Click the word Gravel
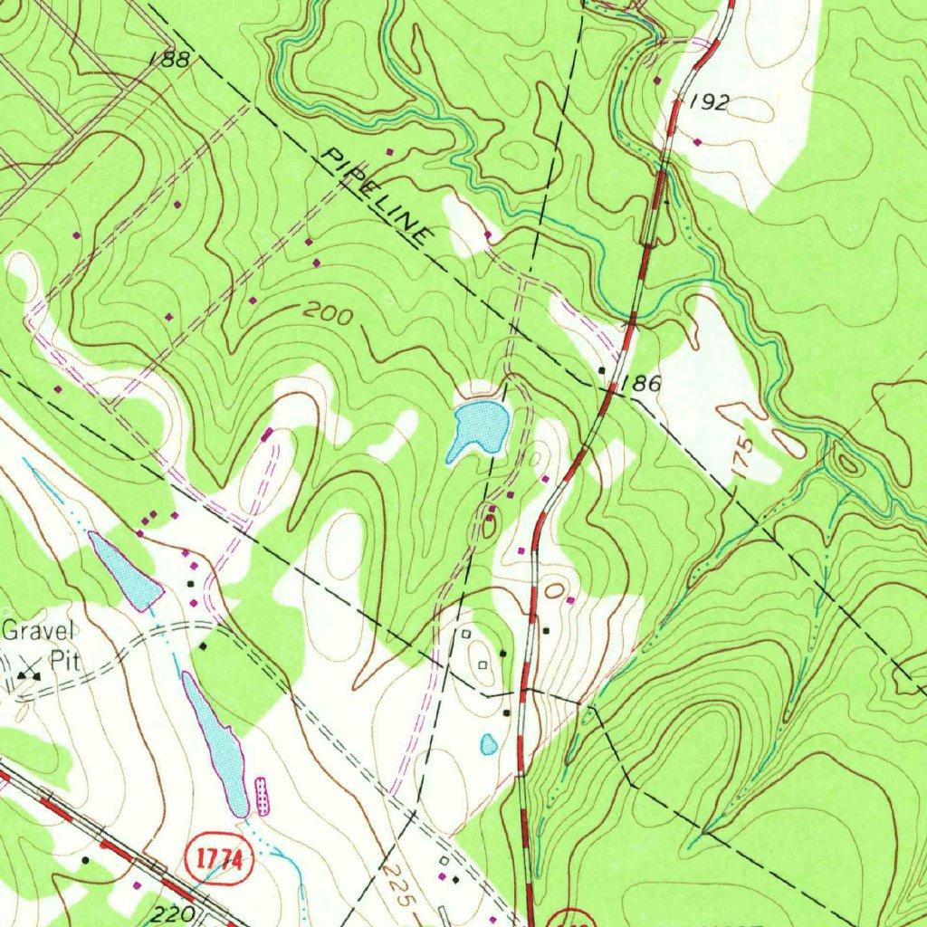pyautogui.click(x=40, y=631)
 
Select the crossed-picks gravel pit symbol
pyautogui.click(x=30, y=675)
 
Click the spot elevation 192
pyautogui.click(x=708, y=102)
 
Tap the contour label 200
pyautogui.click(x=327, y=314)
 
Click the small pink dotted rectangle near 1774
pyautogui.click(x=263, y=795)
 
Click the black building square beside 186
pyautogui.click(x=602, y=370)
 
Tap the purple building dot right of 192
pyautogui.click(x=696, y=141)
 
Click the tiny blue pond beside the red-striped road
pyautogui.click(x=489, y=744)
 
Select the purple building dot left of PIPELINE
pyautogui.click(x=390, y=151)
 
